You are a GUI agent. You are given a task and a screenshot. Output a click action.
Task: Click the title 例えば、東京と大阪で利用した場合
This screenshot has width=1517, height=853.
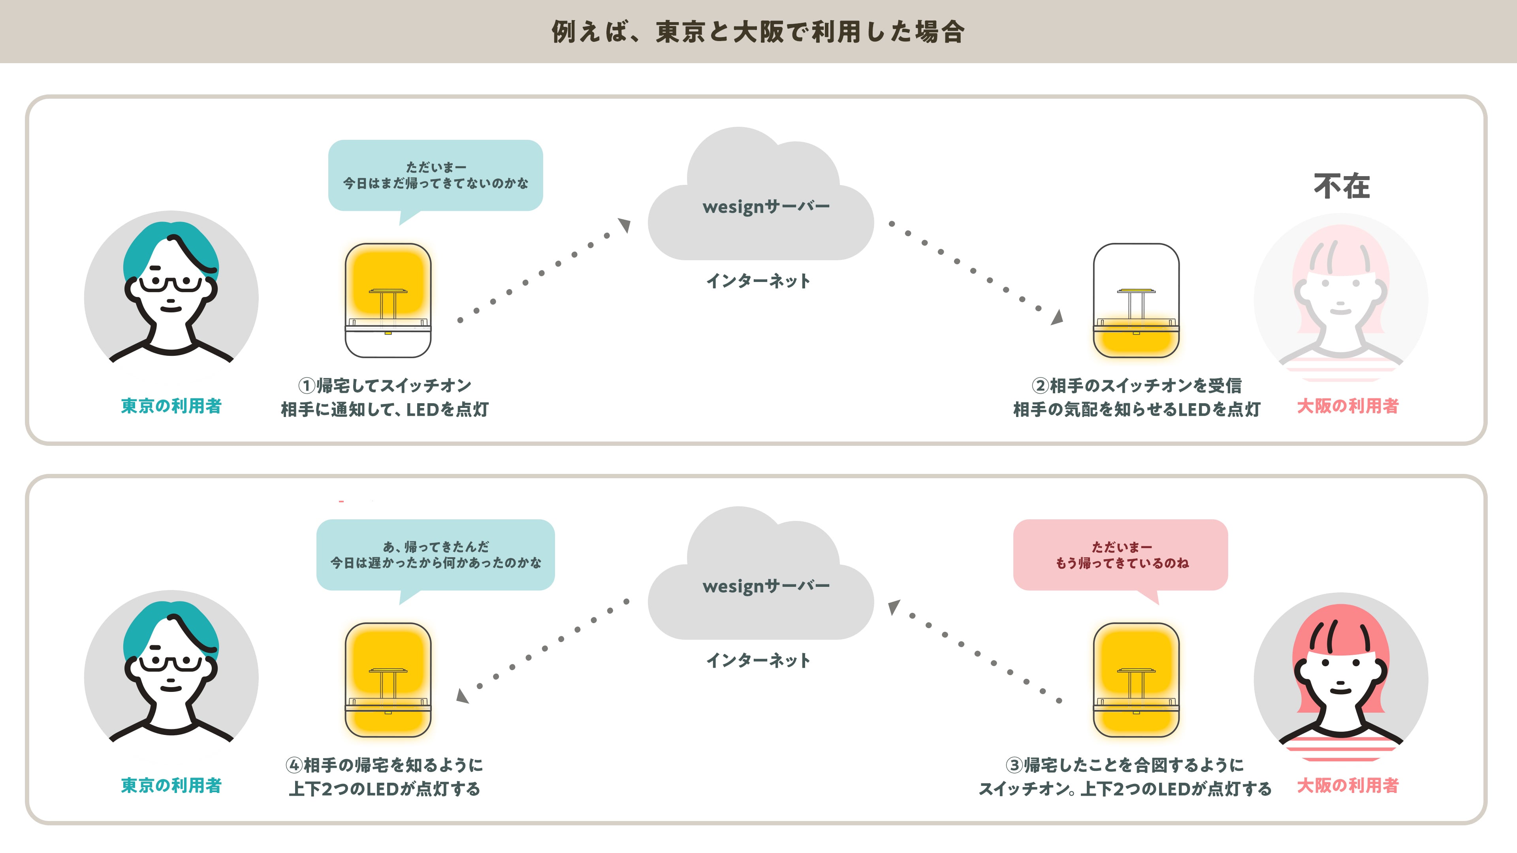758,32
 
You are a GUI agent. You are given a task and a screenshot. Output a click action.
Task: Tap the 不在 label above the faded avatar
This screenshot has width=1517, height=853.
1342,186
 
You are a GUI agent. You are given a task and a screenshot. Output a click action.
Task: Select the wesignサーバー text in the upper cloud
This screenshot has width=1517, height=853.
766,207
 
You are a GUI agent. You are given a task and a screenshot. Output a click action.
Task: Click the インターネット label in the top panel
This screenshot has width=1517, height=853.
758,281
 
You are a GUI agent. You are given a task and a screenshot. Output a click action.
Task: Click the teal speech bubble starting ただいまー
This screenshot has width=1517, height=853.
435,175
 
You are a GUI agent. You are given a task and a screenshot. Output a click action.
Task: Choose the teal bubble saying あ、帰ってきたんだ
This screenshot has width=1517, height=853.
435,555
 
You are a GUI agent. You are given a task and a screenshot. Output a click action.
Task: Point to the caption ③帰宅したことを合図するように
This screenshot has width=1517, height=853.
1125,765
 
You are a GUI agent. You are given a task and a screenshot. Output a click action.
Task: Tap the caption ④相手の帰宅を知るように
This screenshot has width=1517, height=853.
384,765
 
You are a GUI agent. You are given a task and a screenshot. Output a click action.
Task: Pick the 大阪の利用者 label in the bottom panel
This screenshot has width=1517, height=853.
1348,785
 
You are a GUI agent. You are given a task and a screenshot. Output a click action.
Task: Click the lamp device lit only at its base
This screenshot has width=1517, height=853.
1136,300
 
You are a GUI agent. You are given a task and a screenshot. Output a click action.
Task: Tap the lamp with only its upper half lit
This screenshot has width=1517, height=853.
388,300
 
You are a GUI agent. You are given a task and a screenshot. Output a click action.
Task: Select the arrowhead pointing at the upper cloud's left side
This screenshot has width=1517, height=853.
625,224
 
